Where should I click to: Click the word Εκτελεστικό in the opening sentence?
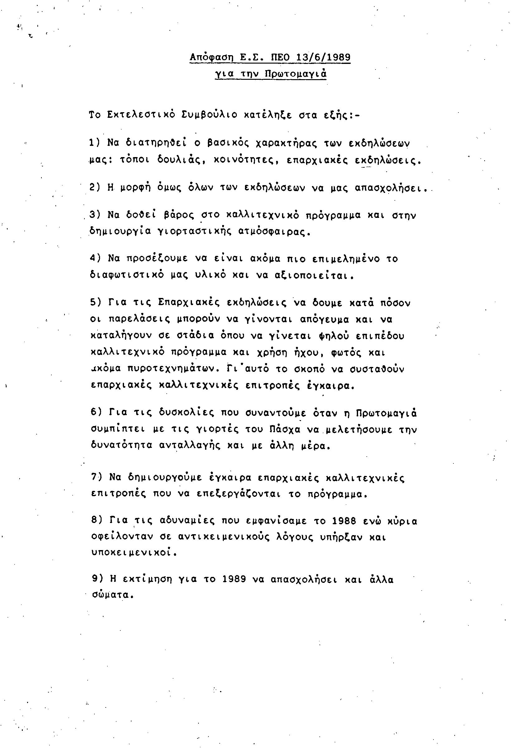pyautogui.click(x=141, y=115)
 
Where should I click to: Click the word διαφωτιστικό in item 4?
pyautogui.click(x=127, y=276)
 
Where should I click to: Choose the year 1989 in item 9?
pyautogui.click(x=234, y=579)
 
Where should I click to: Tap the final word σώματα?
pyautogui.click(x=112, y=595)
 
